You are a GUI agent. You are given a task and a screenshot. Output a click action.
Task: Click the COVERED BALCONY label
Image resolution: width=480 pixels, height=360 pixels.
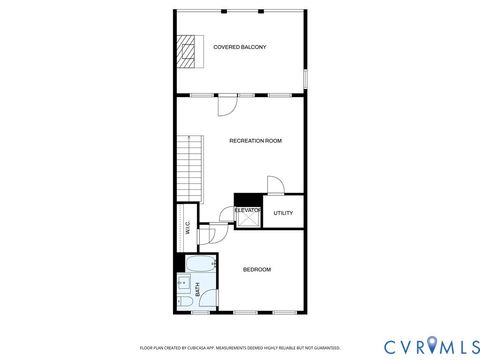(x=239, y=47)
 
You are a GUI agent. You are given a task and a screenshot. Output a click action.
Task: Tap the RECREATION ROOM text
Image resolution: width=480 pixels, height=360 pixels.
(x=255, y=141)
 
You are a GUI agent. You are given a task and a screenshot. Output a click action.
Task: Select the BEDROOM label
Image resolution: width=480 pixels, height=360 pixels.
(x=257, y=269)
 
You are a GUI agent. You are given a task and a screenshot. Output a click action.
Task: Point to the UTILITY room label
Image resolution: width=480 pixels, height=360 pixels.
(x=282, y=213)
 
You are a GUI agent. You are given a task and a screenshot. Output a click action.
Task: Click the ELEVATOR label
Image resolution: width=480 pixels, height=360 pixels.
(x=247, y=210)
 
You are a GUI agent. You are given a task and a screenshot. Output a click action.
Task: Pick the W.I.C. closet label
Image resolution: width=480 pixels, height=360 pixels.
(x=187, y=227)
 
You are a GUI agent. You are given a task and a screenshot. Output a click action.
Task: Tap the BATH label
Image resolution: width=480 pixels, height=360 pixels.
(x=198, y=290)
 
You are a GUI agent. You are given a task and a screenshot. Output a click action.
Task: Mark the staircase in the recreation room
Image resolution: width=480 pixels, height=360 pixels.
(x=189, y=165)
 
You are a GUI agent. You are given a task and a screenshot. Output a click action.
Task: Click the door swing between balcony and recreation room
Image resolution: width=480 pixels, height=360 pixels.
(x=227, y=102)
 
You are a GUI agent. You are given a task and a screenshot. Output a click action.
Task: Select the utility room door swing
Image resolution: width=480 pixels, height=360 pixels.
(x=275, y=185)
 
